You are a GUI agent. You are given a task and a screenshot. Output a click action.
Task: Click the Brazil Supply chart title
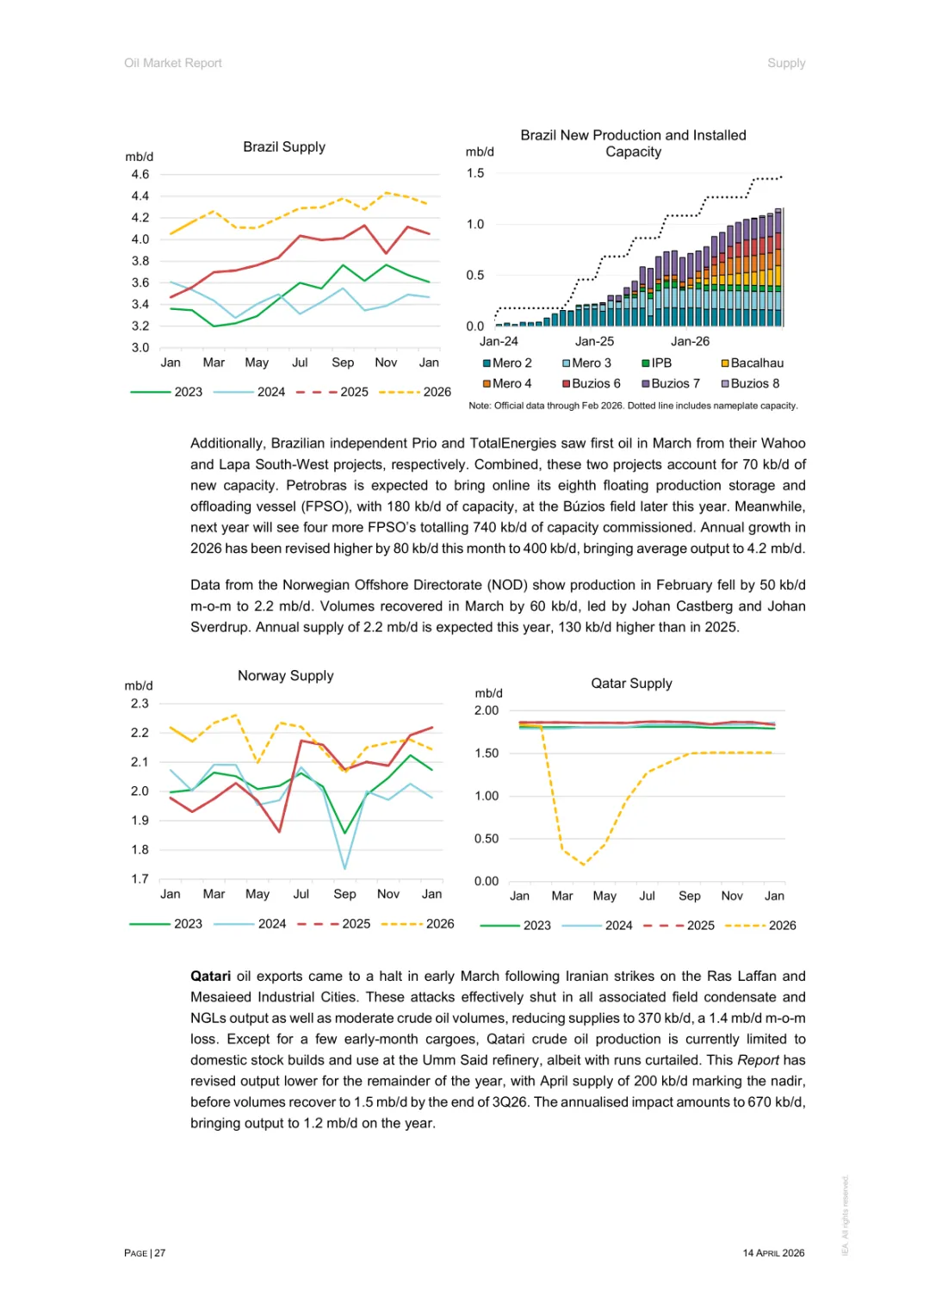(284, 147)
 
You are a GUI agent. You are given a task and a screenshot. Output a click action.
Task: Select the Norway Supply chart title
(285, 676)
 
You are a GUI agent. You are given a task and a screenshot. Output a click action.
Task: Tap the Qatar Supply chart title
(631, 684)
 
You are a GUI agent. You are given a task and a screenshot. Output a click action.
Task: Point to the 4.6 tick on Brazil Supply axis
(140, 175)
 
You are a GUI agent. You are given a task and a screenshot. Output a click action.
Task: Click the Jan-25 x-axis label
(594, 342)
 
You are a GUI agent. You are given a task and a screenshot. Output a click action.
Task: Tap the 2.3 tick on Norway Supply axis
(139, 704)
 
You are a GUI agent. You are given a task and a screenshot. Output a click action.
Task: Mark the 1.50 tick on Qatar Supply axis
(487, 754)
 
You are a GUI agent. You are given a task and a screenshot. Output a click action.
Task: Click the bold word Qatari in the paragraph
(210, 977)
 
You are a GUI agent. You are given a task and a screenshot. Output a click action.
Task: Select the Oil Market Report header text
(173, 63)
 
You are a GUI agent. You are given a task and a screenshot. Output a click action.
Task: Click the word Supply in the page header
(786, 63)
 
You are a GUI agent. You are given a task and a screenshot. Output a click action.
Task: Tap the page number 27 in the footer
(160, 1253)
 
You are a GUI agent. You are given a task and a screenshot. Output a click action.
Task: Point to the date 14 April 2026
(773, 1253)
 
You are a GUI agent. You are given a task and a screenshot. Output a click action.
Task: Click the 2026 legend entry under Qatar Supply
(782, 926)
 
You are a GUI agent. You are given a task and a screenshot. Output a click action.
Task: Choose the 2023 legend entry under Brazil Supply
(188, 392)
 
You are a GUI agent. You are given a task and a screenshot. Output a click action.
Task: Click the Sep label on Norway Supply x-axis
(344, 894)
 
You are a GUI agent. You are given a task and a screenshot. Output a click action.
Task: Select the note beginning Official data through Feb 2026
(633, 406)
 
